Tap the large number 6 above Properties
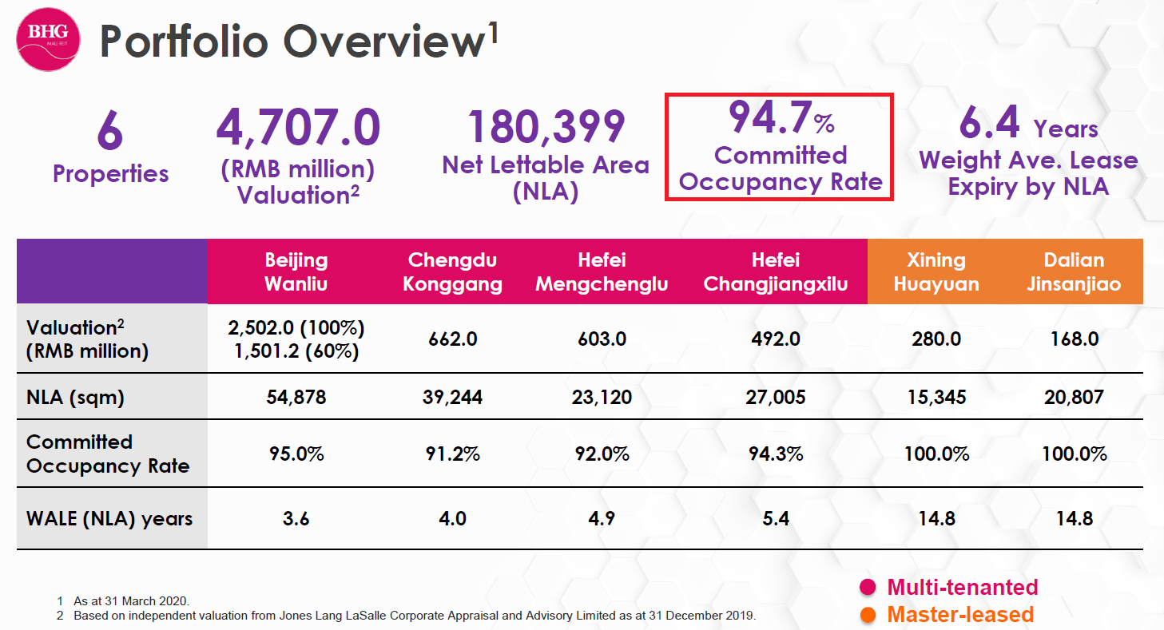[x=110, y=131]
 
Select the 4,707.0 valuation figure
[x=298, y=129]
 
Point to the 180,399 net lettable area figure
[x=546, y=127]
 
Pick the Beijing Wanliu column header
[x=296, y=271]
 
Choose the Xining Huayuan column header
[x=936, y=271]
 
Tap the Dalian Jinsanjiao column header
[x=1074, y=271]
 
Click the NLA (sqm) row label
[x=76, y=397]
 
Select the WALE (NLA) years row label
[x=109, y=519]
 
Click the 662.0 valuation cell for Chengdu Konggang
[x=452, y=339]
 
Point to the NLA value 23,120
[x=602, y=397]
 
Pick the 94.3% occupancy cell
[x=775, y=454]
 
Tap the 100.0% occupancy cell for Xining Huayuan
[x=936, y=454]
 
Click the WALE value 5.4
[x=775, y=519]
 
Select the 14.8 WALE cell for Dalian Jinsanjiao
[x=1074, y=519]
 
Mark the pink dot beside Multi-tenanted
[x=868, y=588]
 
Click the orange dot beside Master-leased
[x=868, y=615]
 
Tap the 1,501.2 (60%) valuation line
[x=296, y=351]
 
